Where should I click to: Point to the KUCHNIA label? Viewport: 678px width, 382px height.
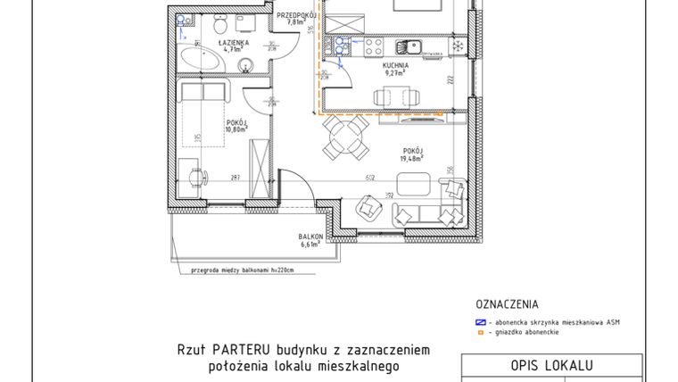pyautogui.click(x=395, y=65)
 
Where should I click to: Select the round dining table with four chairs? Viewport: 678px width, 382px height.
pyautogui.click(x=345, y=141)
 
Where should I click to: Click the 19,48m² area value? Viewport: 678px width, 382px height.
pyautogui.click(x=411, y=158)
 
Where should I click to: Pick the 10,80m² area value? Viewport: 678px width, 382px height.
pyautogui.click(x=236, y=129)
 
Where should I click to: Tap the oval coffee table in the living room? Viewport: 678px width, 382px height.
pyautogui.click(x=412, y=185)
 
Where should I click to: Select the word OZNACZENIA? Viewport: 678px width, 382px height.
pyautogui.click(x=508, y=303)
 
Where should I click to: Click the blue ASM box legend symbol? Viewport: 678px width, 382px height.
pyautogui.click(x=480, y=321)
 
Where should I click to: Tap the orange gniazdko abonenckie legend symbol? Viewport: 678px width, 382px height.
pyautogui.click(x=480, y=332)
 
